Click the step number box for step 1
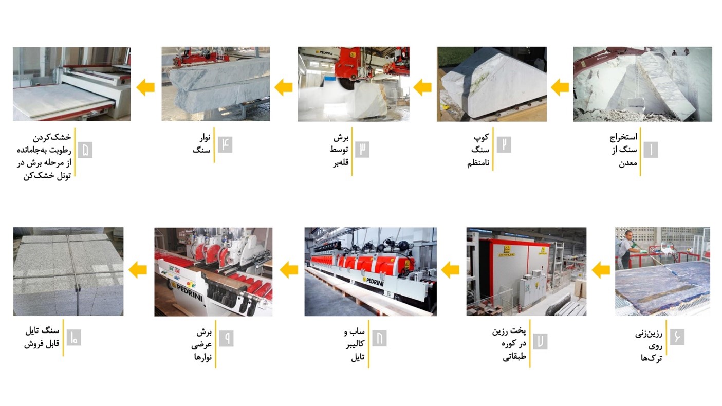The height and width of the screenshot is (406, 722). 651,150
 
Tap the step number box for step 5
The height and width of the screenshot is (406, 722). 85,150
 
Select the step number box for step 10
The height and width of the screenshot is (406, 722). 74,338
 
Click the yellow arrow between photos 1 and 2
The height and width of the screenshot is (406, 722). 560,87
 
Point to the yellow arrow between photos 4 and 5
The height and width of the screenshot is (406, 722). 145,87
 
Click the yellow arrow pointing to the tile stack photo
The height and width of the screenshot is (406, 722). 138,270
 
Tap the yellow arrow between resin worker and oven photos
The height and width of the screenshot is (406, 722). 601,270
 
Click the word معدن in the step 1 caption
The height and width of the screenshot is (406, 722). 628,163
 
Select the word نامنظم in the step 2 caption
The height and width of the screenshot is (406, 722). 478,163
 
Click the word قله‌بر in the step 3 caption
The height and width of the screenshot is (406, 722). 341,162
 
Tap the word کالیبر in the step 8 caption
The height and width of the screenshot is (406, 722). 355,344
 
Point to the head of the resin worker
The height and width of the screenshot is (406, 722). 628,234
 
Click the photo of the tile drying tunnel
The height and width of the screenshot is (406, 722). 72,84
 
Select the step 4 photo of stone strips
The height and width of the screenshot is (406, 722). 216,84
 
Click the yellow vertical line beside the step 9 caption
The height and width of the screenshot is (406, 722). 215,344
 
